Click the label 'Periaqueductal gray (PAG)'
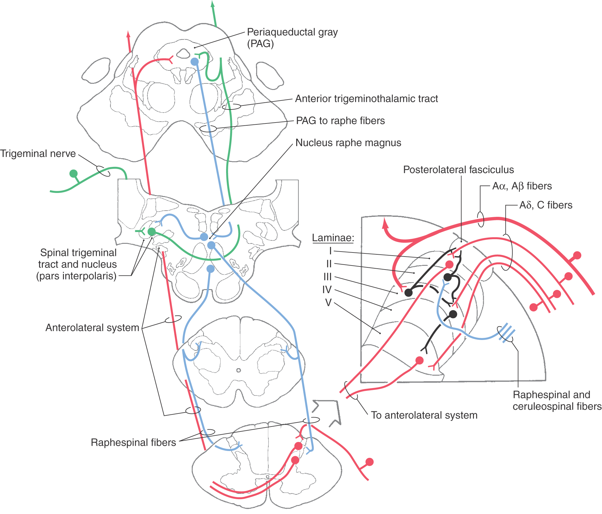click(x=292, y=38)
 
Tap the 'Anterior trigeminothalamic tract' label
click(x=366, y=99)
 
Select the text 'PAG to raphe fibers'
click(x=340, y=121)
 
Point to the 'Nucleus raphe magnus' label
click(x=348, y=143)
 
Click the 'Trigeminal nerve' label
click(x=38, y=154)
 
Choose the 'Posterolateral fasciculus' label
click(x=458, y=170)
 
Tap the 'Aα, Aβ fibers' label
click(x=522, y=186)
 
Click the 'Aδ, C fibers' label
click(x=546, y=205)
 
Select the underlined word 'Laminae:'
click(x=333, y=238)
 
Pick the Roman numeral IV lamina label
click(x=327, y=290)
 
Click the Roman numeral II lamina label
click(x=329, y=264)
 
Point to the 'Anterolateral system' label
click(x=92, y=328)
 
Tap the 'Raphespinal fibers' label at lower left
click(x=133, y=442)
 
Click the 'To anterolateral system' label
click(x=424, y=415)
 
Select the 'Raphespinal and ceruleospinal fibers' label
click(x=557, y=400)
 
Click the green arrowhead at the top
click(x=212, y=4)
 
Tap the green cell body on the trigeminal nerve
click(x=74, y=173)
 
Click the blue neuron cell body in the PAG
click(x=194, y=62)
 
